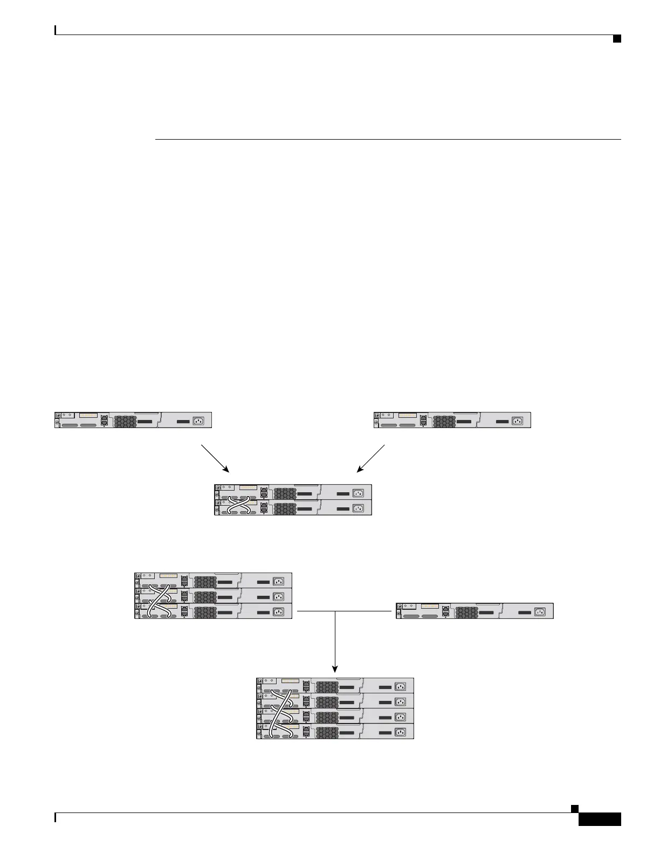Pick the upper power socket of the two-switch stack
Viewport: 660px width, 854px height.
(x=358, y=493)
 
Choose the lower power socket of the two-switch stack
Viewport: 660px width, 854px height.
(x=358, y=508)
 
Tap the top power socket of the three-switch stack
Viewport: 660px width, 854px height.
(x=278, y=581)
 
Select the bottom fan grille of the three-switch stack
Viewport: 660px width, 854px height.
(x=205, y=611)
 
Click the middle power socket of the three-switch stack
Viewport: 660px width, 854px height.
(x=278, y=596)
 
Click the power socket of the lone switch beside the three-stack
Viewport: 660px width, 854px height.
(x=539, y=611)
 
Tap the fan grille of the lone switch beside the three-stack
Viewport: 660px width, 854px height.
(x=466, y=611)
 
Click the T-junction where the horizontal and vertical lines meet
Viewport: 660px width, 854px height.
(x=335, y=611)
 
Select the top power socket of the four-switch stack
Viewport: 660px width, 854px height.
(x=400, y=686)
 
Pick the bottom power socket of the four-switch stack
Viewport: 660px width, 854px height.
(x=400, y=732)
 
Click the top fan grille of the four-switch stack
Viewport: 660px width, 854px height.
(x=327, y=686)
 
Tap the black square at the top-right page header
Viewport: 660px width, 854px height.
(x=617, y=38)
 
